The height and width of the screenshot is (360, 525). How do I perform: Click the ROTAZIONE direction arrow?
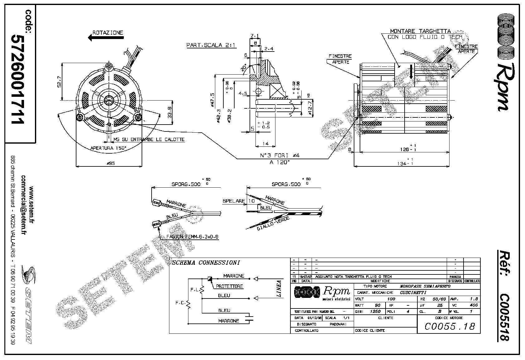coord(106,38)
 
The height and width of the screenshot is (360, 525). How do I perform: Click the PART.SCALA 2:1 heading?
coord(211,45)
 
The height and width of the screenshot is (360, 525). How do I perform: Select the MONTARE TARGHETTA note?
coord(420,31)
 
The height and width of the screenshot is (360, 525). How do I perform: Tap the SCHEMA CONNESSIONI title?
coord(206,263)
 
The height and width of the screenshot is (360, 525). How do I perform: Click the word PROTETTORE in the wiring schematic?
coord(230,286)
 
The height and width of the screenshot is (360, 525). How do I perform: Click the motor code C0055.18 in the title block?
coord(450,326)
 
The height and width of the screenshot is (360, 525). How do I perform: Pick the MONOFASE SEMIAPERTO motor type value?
coord(425,286)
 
